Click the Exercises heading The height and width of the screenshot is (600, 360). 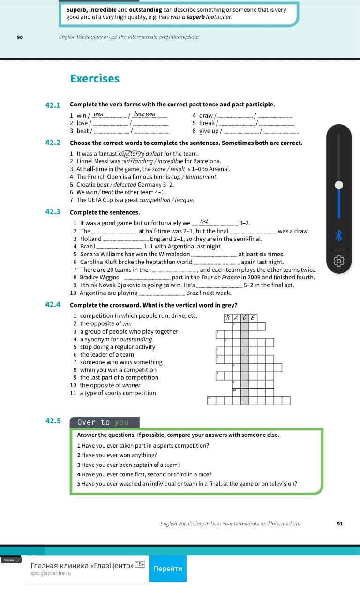(95, 79)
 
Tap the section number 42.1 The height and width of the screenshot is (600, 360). (53, 105)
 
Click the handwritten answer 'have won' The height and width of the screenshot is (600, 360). (144, 114)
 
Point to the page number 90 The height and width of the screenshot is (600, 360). (20, 37)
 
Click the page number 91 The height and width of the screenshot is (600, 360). (340, 524)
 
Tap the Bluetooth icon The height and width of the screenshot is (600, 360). (338, 235)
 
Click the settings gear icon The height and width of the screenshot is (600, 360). (338, 261)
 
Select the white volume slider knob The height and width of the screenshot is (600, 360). (338, 185)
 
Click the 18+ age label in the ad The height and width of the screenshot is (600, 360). (140, 565)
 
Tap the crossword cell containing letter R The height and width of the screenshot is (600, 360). (228, 318)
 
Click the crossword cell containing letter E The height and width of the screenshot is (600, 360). (253, 318)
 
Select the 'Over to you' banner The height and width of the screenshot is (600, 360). (105, 422)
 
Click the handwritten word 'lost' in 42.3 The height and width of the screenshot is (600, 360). (204, 221)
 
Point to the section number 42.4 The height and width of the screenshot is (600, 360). (53, 305)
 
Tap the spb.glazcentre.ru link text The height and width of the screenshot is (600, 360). (51, 573)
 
